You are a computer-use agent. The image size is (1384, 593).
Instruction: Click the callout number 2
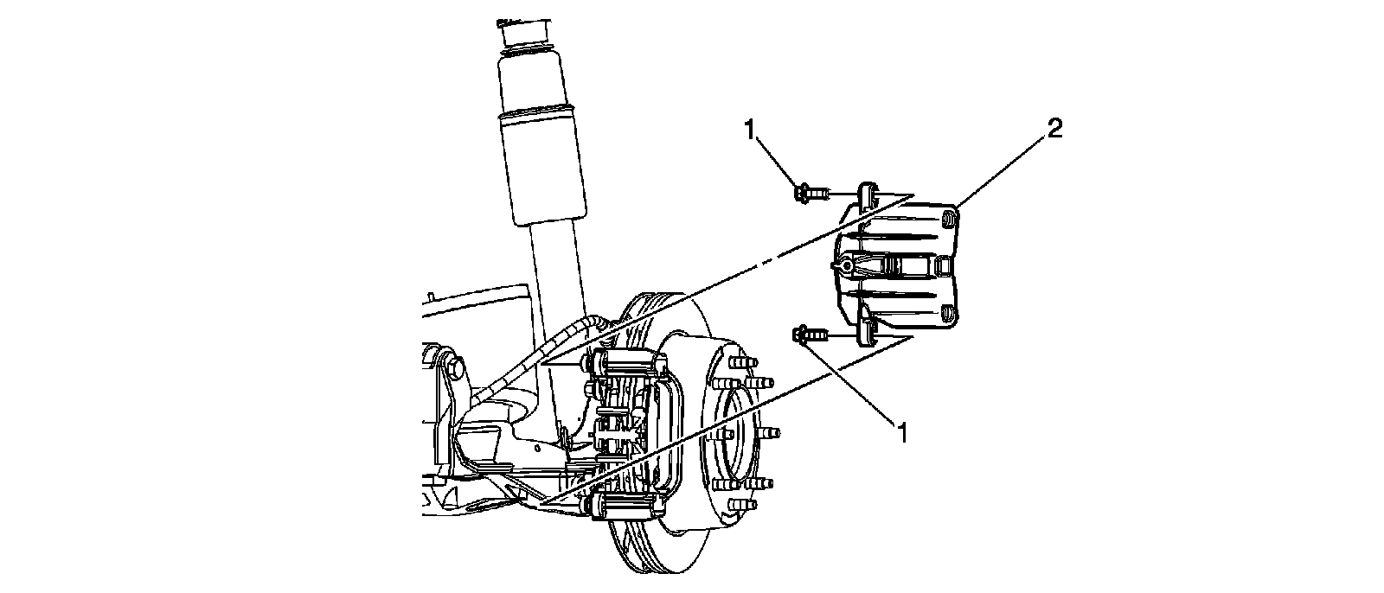click(x=1054, y=130)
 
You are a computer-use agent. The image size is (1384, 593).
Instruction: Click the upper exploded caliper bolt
click(x=809, y=192)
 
